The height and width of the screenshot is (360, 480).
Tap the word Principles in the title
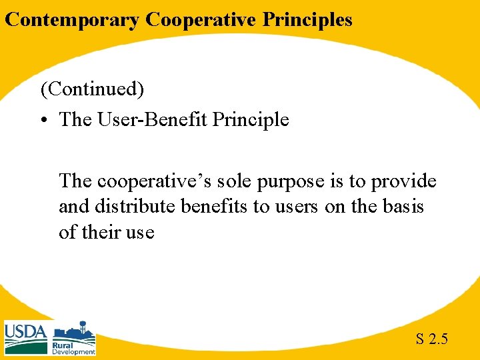pyautogui.click(x=307, y=20)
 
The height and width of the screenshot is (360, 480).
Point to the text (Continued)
pyautogui.click(x=92, y=89)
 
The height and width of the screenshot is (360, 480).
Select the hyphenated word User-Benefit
pyautogui.click(x=155, y=120)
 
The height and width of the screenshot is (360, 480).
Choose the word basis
pyautogui.click(x=401, y=207)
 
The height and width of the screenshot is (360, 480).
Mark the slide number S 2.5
pyautogui.click(x=431, y=339)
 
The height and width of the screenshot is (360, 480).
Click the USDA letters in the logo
pyautogui.click(x=25, y=331)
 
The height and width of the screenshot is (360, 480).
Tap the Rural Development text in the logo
pyautogui.click(x=73, y=348)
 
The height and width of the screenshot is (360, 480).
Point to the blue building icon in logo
pyautogui.click(x=73, y=331)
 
